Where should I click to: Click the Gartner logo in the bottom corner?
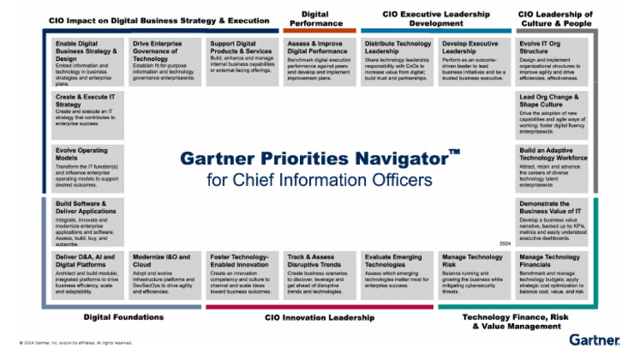tap(594, 340)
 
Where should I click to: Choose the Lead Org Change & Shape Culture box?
tap(551, 114)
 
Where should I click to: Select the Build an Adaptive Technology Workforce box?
tap(551, 167)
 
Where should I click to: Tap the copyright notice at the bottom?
tap(75, 342)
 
